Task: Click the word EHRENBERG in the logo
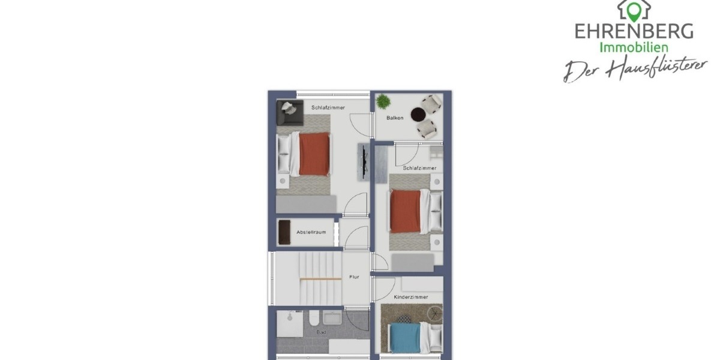tap(634, 31)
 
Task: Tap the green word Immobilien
tap(634, 47)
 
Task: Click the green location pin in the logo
tap(634, 10)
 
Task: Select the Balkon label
tap(395, 118)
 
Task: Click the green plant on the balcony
tap(383, 102)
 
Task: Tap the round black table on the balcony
tap(418, 114)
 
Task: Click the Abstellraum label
tap(311, 232)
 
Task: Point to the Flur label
tap(354, 277)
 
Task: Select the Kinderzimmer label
tap(411, 297)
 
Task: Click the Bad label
tap(321, 332)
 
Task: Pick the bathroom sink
tap(332, 317)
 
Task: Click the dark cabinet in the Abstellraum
tap(284, 232)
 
